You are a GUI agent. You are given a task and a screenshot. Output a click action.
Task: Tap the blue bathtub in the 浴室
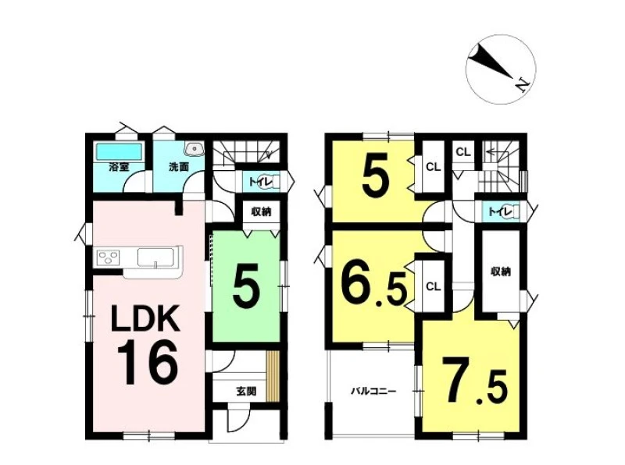tap(119, 151)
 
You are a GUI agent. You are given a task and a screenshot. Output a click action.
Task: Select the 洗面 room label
tap(179, 167)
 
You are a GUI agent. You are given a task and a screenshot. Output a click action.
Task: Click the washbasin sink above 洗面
tap(195, 149)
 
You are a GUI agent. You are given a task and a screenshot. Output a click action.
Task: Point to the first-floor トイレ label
tap(256, 182)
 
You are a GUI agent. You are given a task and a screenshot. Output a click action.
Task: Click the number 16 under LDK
tap(147, 363)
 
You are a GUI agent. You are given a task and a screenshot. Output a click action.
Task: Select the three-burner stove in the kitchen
tap(108, 257)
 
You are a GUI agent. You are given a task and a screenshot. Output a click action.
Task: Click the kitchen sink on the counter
tap(155, 257)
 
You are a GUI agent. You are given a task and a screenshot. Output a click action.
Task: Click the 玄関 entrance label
tap(246, 392)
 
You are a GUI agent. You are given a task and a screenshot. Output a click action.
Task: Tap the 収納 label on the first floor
tap(261, 211)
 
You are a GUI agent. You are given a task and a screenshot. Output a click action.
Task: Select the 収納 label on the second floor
tap(501, 272)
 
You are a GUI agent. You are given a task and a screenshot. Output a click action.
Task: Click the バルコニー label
tap(373, 391)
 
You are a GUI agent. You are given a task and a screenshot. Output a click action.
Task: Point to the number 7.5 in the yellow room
tap(474, 380)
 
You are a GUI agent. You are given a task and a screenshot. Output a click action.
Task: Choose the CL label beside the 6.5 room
tap(433, 286)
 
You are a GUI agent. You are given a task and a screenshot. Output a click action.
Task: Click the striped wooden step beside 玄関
tap(272, 377)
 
